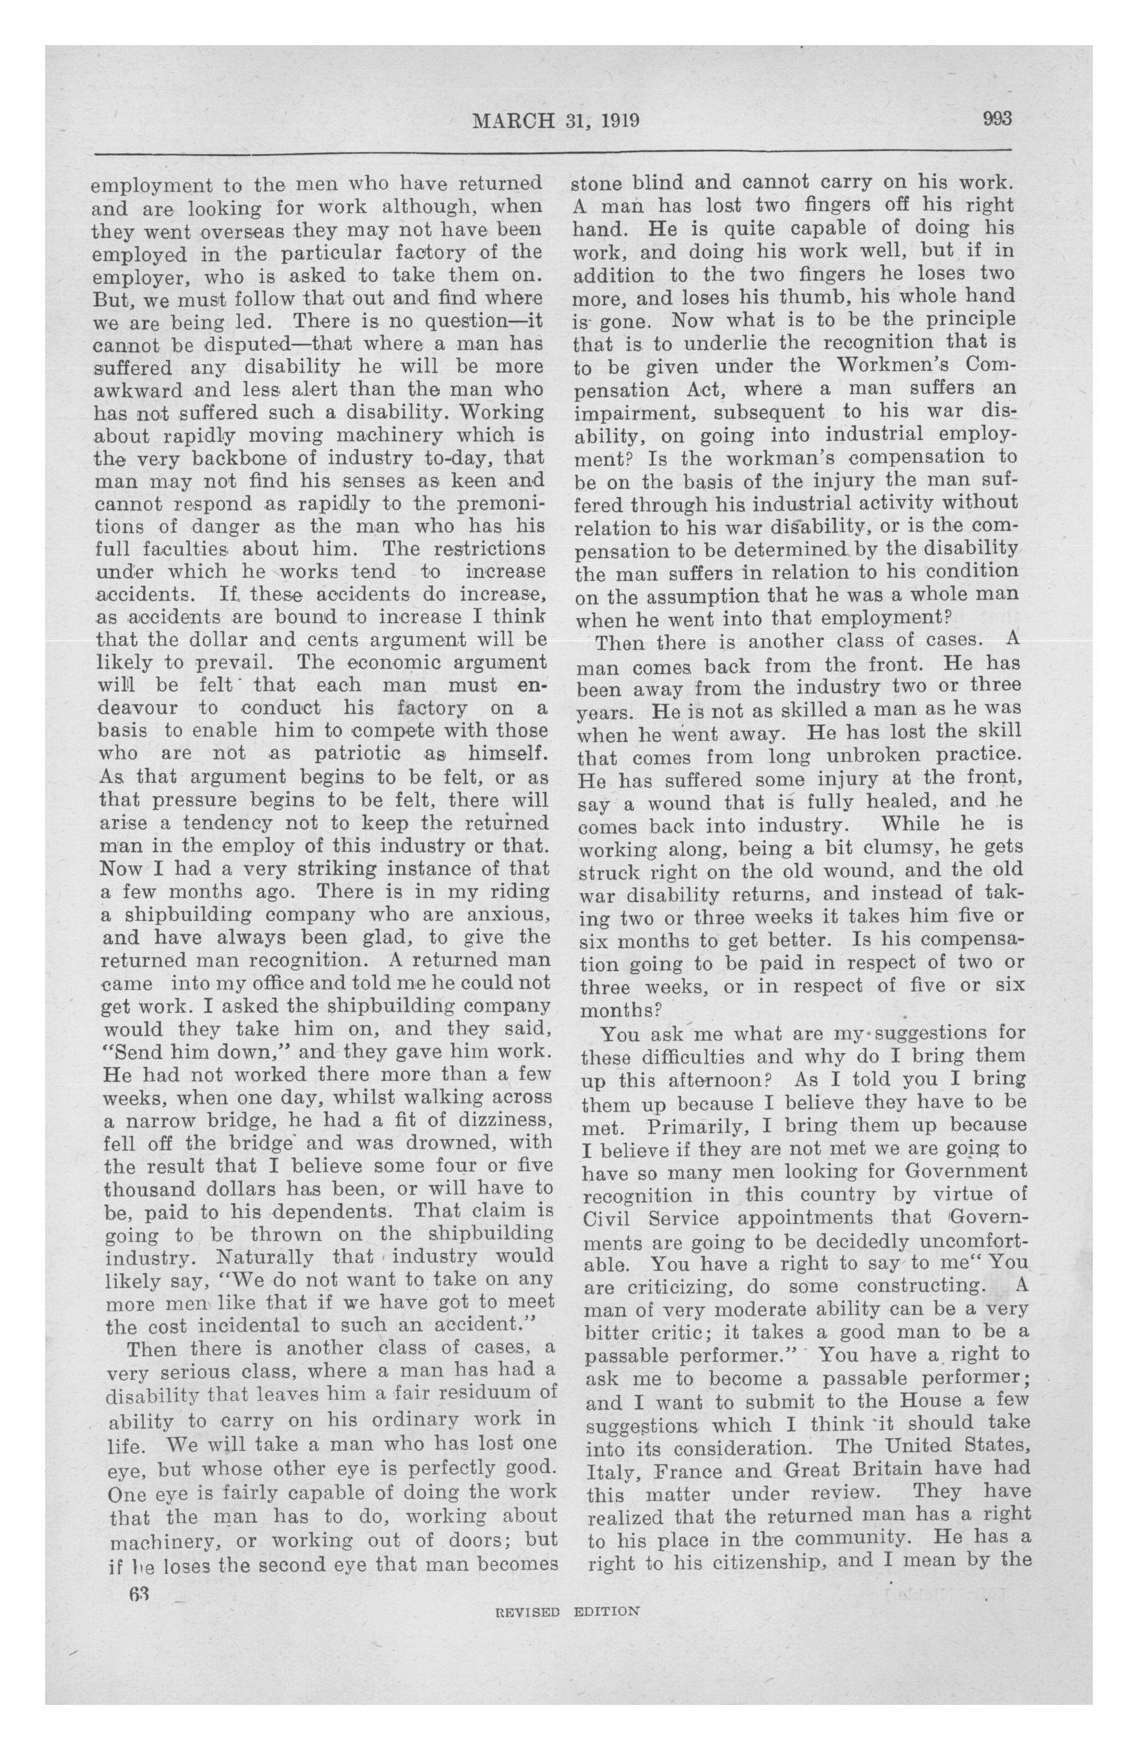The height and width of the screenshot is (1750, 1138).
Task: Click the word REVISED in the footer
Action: click(528, 1610)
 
